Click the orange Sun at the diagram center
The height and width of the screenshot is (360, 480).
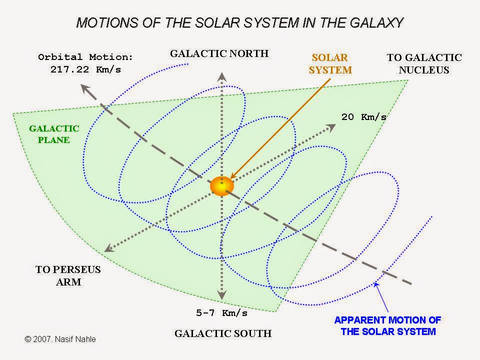point(222,186)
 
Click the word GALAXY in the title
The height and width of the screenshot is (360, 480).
point(376,23)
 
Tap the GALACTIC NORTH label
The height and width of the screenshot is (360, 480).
point(219,53)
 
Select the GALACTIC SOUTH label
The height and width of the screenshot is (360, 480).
point(223,333)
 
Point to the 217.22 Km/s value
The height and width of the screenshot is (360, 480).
point(85,69)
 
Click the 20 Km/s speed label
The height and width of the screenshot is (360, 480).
point(364,117)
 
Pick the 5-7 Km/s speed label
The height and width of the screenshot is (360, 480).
point(221,313)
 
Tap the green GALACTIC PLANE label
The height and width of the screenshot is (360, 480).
point(54,134)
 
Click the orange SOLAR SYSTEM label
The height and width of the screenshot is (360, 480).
point(330,63)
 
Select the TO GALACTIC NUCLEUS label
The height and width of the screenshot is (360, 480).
point(424,63)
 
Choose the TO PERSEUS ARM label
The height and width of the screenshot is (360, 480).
point(68,275)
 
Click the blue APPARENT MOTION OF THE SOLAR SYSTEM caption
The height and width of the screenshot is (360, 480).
point(388,325)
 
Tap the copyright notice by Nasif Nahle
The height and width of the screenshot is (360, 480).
point(60,339)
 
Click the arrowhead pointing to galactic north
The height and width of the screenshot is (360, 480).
point(222,76)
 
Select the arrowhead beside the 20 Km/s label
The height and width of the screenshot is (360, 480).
point(331,127)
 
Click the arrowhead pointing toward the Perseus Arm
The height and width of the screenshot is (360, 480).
point(109,248)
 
